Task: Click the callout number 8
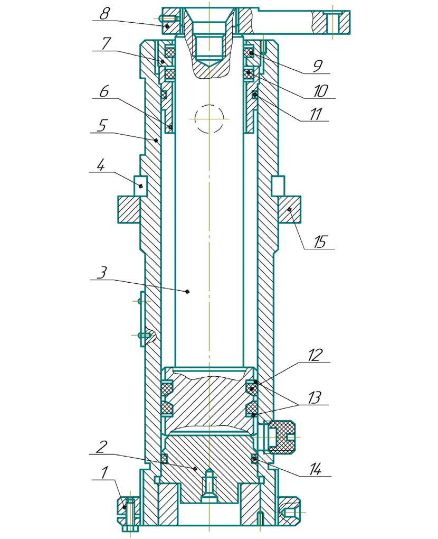[x=104, y=13]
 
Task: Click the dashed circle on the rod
[x=209, y=118]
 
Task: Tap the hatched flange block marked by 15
[x=290, y=210]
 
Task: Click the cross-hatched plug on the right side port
[x=282, y=436]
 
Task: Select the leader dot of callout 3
[x=187, y=291]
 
